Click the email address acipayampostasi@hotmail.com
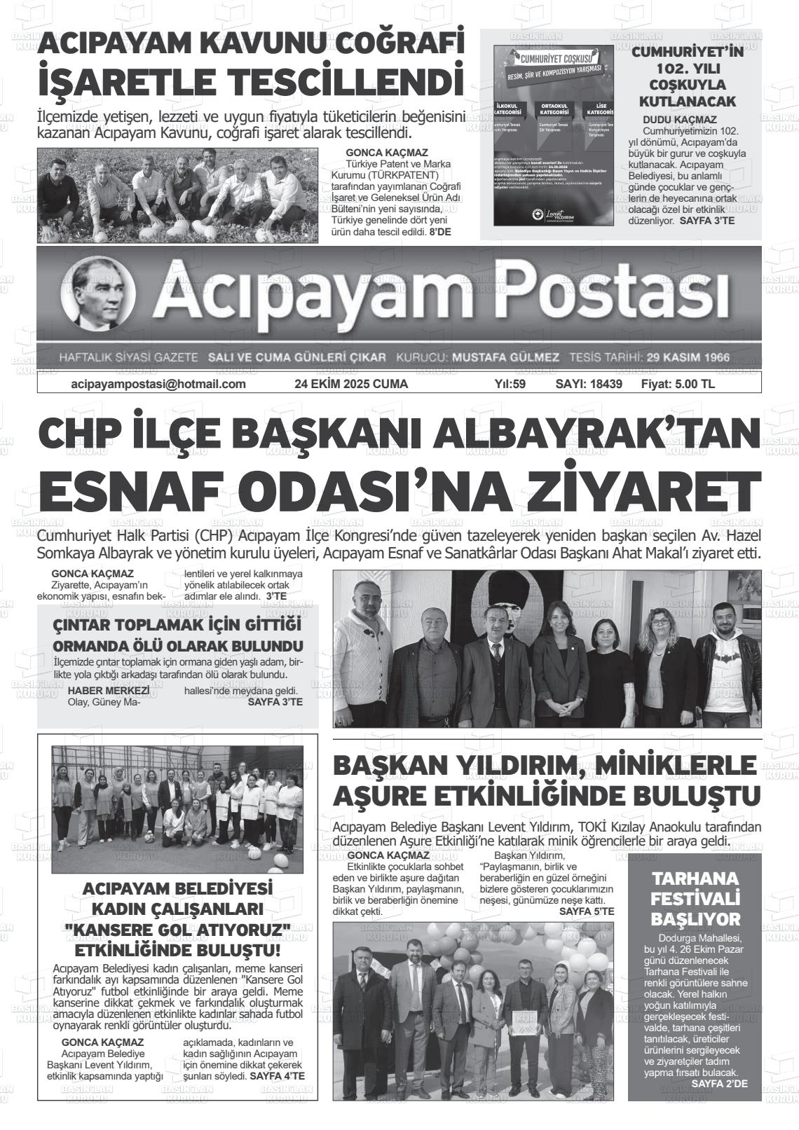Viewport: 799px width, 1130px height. pyautogui.click(x=158, y=384)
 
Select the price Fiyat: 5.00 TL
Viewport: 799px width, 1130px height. pyautogui.click(x=677, y=384)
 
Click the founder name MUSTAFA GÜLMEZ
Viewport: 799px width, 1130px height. pyautogui.click(x=505, y=357)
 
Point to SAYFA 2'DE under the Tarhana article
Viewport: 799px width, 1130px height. pyautogui.click(x=719, y=1083)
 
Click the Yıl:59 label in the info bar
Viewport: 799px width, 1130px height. pyautogui.click(x=510, y=384)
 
